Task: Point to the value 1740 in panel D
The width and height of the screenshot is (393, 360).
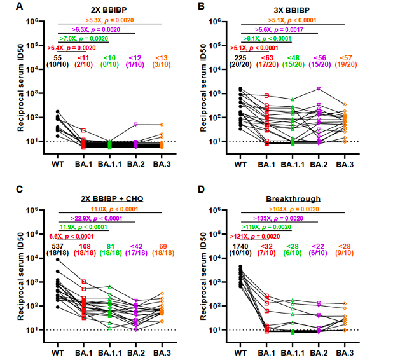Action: coord(240,246)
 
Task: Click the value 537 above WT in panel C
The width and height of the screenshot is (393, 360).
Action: coord(59,246)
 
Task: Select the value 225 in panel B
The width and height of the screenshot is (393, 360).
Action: coord(240,58)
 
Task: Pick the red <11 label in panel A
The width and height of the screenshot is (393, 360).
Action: coord(84,58)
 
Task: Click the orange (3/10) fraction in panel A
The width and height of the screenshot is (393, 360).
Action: coord(162,65)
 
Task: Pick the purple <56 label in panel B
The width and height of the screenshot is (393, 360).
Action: coord(319,58)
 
